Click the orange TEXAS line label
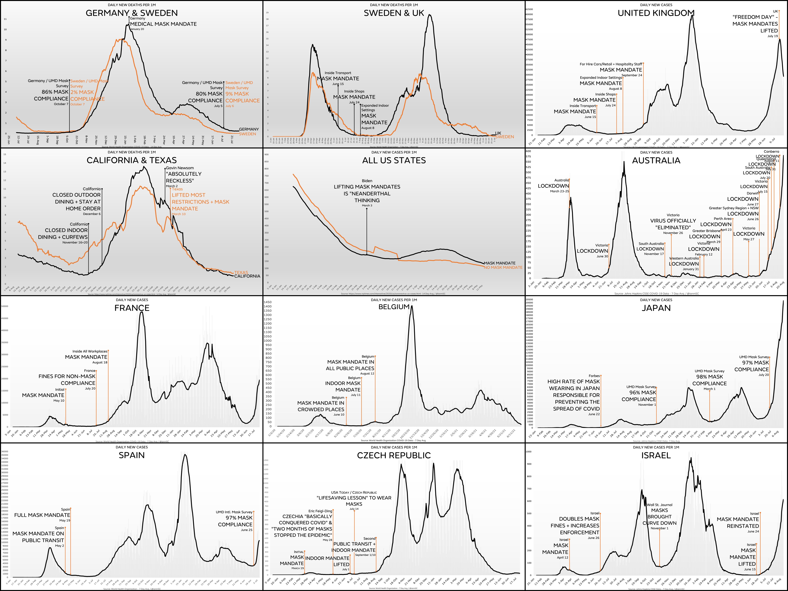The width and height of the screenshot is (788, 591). pyautogui.click(x=241, y=272)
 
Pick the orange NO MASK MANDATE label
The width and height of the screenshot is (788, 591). pyautogui.click(x=503, y=267)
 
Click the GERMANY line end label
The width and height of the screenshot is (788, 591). pyautogui.click(x=249, y=129)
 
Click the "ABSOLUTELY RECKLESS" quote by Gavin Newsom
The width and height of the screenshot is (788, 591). pyautogui.click(x=183, y=177)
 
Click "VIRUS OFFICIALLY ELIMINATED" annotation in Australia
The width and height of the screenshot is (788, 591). pyautogui.click(x=673, y=224)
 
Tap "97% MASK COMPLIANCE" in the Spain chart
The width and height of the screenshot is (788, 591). pyautogui.click(x=235, y=521)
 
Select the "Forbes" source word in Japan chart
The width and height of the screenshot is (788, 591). pyautogui.click(x=594, y=376)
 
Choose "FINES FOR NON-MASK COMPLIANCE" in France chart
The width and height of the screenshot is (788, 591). pyautogui.click(x=67, y=380)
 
